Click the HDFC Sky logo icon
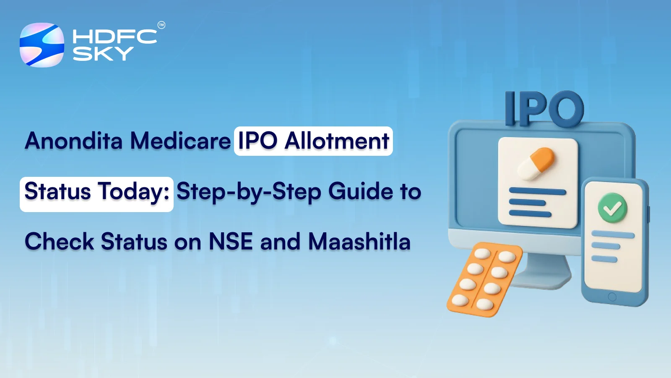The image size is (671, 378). click(x=42, y=45)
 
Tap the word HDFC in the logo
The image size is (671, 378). click(x=114, y=37)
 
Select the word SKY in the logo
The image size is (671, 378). click(x=103, y=54)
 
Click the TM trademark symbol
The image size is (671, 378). click(x=161, y=25)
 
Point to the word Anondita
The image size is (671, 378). click(x=74, y=141)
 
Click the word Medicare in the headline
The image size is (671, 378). click(x=180, y=141)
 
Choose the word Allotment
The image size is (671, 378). click(x=337, y=141)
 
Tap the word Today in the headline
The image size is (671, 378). click(x=133, y=192)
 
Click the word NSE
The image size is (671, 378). click(x=231, y=242)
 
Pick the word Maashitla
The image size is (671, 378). click(x=359, y=242)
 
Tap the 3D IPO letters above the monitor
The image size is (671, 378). click(x=544, y=109)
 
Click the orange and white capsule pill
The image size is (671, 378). click(x=537, y=164)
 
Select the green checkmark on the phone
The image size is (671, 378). click(x=612, y=208)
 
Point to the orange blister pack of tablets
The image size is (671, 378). click(x=484, y=279)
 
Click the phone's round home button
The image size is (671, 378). click(x=612, y=297)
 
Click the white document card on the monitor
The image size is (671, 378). click(x=538, y=183)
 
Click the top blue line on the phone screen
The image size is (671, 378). click(x=613, y=235)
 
